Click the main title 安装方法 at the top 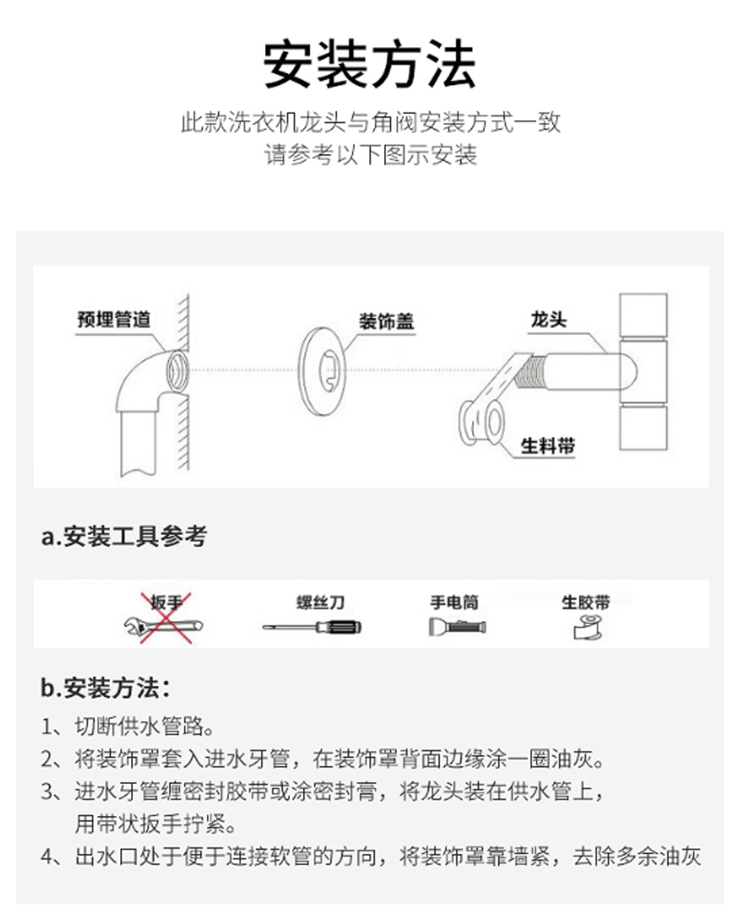369,64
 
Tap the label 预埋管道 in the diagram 114,319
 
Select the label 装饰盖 386,321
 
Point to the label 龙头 549,319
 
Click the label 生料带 548,445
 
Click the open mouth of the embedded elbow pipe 176,372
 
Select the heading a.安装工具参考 124,536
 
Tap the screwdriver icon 311,628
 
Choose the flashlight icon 457,627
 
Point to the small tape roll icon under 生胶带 588,628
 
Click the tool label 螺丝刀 321,603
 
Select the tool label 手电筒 454,603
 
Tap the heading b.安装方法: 105,688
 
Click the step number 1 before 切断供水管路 48,727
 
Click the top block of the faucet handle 643,314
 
